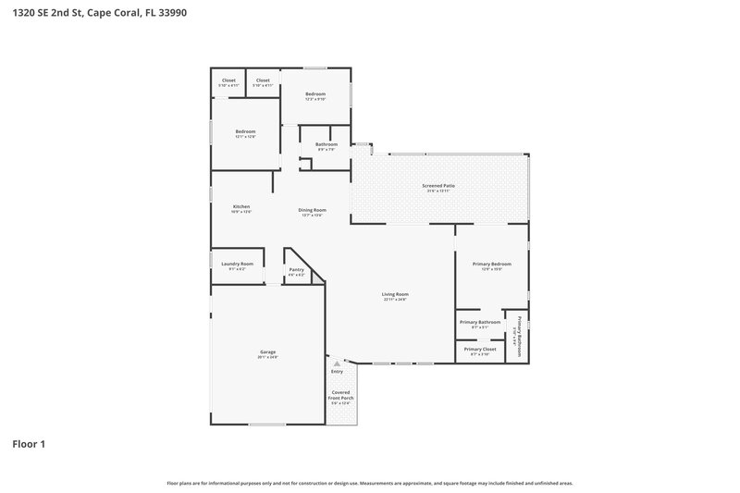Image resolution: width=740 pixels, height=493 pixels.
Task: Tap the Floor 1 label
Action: pyautogui.click(x=28, y=444)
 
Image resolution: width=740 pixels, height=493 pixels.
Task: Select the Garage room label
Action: pyautogui.click(x=268, y=352)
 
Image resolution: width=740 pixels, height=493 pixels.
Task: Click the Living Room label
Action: pyautogui.click(x=396, y=294)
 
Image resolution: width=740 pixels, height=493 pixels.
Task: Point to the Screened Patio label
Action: pyautogui.click(x=438, y=186)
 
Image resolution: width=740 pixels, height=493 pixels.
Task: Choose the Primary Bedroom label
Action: pyautogui.click(x=492, y=265)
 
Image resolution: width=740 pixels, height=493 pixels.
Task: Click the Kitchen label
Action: pyautogui.click(x=241, y=206)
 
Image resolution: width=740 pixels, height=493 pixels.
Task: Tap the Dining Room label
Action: pyautogui.click(x=311, y=210)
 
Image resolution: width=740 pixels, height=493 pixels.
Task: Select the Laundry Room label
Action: pyautogui.click(x=237, y=264)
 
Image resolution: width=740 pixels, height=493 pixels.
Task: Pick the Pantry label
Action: pyautogui.click(x=296, y=269)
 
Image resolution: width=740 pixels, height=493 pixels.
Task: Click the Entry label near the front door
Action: pyautogui.click(x=337, y=372)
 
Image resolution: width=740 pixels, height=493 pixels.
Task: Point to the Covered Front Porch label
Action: pyautogui.click(x=341, y=395)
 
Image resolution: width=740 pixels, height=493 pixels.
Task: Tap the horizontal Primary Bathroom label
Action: pyautogui.click(x=480, y=322)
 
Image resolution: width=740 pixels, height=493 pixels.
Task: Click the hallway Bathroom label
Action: pyautogui.click(x=326, y=144)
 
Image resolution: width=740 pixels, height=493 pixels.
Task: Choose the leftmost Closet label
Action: pyautogui.click(x=228, y=80)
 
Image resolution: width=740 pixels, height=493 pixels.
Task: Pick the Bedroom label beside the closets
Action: pyautogui.click(x=315, y=93)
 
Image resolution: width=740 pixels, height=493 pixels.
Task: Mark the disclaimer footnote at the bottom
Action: pyautogui.click(x=369, y=483)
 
